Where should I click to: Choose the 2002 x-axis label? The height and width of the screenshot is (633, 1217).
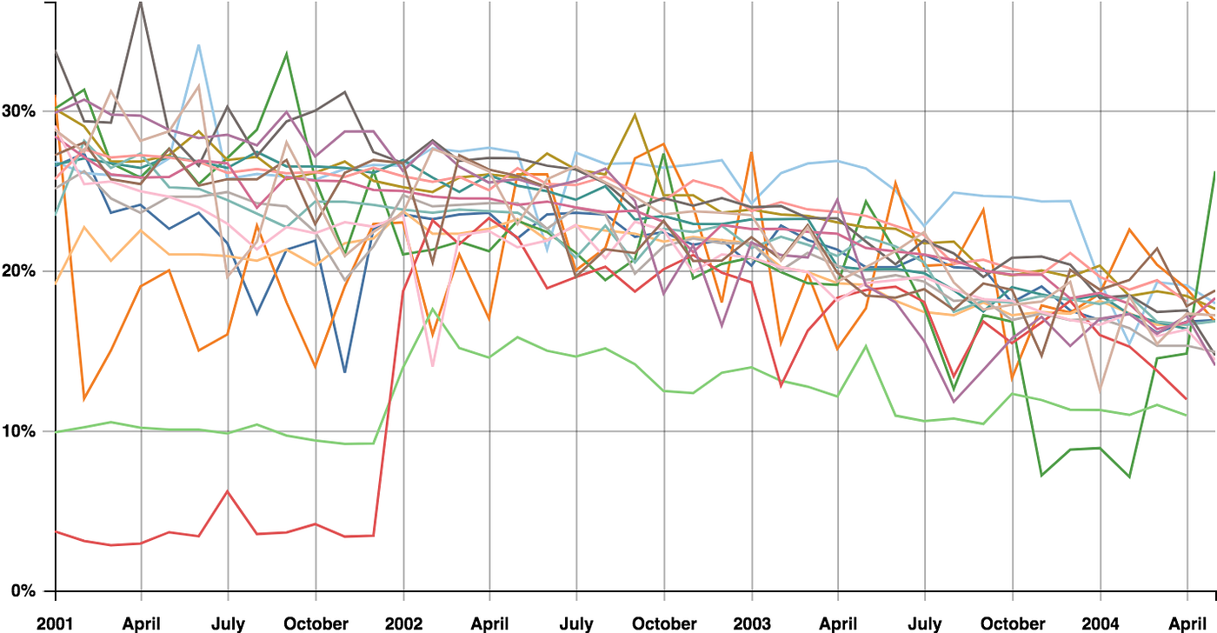click(403, 623)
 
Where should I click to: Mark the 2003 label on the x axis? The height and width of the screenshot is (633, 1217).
click(752, 623)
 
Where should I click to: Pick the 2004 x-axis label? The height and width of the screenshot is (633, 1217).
click(1101, 623)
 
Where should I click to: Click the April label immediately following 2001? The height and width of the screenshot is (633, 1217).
click(141, 623)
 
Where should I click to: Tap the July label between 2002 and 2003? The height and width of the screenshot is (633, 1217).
click(576, 623)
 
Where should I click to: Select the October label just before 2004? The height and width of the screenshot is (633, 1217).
click(1013, 623)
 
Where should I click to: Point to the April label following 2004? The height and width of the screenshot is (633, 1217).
click(1187, 623)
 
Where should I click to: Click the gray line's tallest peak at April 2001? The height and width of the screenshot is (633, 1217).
click(141, 3)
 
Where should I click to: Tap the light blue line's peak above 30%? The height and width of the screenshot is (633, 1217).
click(199, 45)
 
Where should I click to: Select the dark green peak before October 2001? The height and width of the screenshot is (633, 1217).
click(287, 54)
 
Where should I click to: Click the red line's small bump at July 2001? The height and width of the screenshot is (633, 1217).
click(228, 491)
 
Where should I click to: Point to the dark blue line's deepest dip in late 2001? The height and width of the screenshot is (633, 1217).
click(345, 372)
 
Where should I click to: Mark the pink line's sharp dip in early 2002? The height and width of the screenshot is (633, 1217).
click(433, 366)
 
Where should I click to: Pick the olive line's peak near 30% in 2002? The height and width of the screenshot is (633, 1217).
click(635, 114)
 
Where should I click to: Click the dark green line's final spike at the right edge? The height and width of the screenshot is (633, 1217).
click(1214, 172)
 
